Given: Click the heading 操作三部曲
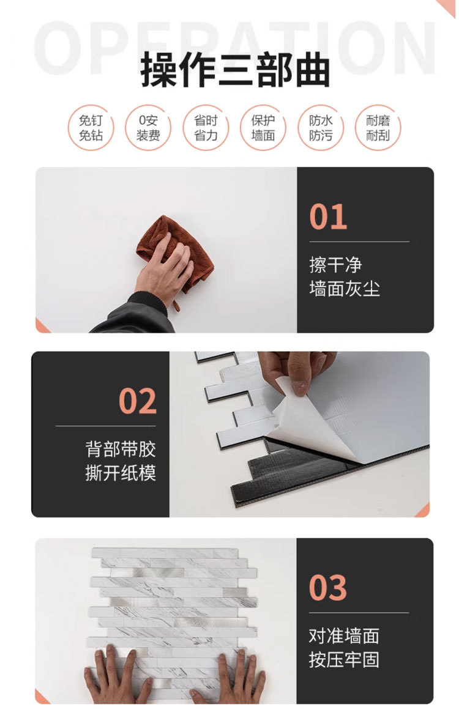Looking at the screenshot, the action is click(234, 70).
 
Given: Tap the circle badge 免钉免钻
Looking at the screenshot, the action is click(91, 128).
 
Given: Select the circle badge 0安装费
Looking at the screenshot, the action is click(148, 128).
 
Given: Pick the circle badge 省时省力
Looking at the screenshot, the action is click(206, 128).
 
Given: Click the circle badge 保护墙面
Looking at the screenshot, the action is click(263, 128).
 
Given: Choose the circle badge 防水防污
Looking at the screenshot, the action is click(321, 128).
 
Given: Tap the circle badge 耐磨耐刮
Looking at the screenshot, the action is click(378, 128).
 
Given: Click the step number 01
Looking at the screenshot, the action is click(328, 217).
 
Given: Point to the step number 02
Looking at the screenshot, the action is click(138, 401).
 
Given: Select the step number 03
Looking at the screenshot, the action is click(327, 588).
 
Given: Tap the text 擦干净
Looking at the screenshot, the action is click(335, 265).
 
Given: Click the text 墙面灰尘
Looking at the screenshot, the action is click(345, 289).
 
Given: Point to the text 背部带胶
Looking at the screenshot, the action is click(121, 449).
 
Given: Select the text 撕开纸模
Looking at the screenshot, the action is click(121, 473).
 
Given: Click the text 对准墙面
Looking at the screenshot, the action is click(344, 636).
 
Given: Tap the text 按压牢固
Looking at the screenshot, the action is click(344, 660).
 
